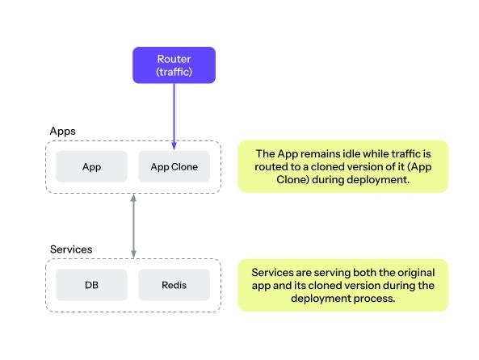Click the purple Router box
click(174, 65)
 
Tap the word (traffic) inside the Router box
click(174, 72)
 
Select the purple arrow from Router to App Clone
click(174, 113)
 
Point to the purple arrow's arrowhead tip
click(174, 148)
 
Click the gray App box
click(91, 167)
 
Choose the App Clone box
click(174, 167)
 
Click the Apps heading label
click(63, 130)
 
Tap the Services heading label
click(71, 249)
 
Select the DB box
click(91, 285)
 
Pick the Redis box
click(174, 285)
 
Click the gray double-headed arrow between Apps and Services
click(133, 225)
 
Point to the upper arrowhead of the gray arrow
click(133, 197)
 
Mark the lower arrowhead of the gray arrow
click(133, 254)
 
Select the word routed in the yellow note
click(269, 167)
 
